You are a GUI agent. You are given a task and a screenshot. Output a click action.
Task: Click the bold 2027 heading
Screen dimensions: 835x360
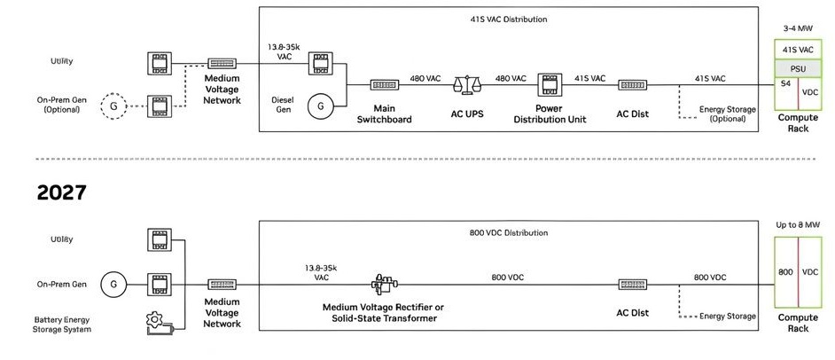(62, 192)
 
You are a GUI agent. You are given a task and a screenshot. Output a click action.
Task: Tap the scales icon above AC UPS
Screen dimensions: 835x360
(467, 84)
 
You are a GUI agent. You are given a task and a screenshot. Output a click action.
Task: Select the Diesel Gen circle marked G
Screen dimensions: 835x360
(321, 106)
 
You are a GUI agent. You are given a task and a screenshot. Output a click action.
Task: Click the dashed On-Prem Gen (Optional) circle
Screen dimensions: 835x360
(113, 106)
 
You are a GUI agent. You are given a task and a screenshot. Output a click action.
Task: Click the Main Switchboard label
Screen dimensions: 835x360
(385, 114)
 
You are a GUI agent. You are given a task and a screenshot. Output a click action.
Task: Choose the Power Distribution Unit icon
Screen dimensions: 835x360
(550, 84)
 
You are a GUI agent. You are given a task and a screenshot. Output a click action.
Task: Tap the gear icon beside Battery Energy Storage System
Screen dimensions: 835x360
(154, 320)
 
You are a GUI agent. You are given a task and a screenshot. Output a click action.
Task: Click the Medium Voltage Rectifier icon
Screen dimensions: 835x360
(385, 285)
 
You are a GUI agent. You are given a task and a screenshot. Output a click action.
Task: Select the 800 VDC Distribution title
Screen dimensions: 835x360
(509, 232)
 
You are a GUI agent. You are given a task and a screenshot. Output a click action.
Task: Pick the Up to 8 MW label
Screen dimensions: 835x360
(798, 225)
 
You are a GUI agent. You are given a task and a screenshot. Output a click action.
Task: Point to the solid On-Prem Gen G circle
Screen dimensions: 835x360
(113, 285)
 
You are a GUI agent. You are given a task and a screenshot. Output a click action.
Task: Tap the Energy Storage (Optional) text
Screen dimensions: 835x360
(728, 114)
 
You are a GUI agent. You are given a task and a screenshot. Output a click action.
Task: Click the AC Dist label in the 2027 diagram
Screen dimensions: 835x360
(633, 313)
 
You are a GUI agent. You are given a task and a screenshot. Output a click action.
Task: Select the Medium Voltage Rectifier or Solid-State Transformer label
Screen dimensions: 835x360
(384, 313)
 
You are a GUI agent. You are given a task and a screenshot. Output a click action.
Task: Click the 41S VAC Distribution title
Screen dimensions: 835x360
(509, 20)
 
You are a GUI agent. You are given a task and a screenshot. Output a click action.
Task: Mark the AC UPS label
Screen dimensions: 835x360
(467, 114)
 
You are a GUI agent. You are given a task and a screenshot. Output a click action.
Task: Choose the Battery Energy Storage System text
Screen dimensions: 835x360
(62, 325)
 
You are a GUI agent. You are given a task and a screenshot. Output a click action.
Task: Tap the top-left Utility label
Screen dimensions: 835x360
(62, 61)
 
